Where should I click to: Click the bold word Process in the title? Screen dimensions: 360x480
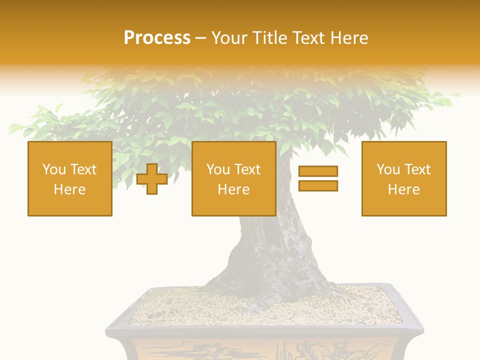point(157,38)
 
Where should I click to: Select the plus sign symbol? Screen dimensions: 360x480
point(152,179)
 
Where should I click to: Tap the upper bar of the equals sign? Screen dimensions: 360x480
point(318,171)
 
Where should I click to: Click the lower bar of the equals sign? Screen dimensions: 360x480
point(318,185)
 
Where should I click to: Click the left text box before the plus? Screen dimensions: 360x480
point(70,178)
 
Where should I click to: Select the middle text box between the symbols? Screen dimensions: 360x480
point(233,178)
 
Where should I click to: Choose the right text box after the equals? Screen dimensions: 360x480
point(403,178)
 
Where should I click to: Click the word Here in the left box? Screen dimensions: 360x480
point(69,189)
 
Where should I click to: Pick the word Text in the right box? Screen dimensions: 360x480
point(418,169)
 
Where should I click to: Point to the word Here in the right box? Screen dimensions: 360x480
point(403,189)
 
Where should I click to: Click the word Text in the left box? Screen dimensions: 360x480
point(84,169)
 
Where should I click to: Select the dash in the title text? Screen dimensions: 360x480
point(200,38)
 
